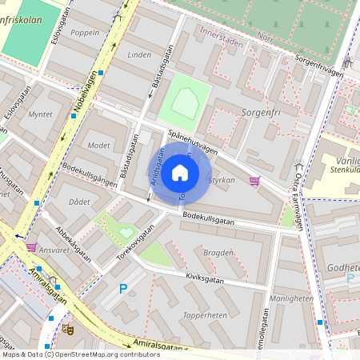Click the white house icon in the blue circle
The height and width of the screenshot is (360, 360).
(179, 173)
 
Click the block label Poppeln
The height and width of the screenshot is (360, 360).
(86, 33)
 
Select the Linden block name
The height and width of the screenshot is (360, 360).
(139, 55)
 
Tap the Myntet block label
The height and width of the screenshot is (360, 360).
(40, 114)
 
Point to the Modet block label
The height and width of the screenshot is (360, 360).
(98, 146)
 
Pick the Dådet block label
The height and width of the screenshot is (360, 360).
(79, 202)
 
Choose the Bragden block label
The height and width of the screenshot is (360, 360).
(218, 252)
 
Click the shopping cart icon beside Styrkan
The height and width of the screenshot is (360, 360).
(255, 181)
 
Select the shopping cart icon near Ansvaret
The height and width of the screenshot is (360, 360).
(31, 247)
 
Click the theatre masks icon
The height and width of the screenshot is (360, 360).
(68, 328)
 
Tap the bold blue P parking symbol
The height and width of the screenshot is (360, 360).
(123, 289)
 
